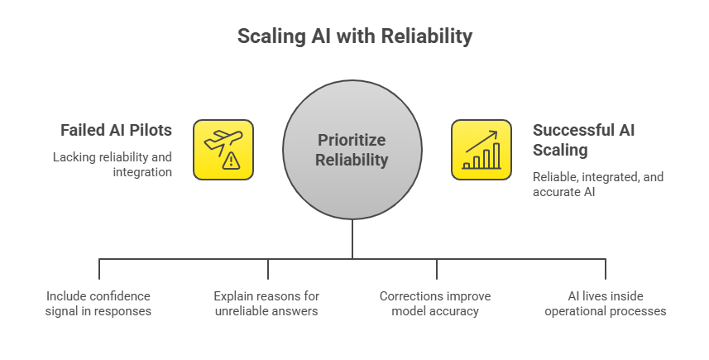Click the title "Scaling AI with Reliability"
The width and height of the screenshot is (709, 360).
point(354,36)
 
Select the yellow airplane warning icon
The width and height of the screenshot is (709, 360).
point(223,150)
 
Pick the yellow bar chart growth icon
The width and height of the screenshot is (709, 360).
point(481,150)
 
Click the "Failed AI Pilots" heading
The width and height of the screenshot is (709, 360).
point(116,131)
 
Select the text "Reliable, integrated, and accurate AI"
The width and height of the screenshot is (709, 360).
point(597,185)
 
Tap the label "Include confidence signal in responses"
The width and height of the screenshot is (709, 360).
point(98,303)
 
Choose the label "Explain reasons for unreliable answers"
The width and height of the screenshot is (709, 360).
point(266,303)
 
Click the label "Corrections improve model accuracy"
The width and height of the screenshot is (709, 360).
point(435,303)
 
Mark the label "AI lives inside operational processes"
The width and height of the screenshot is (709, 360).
point(606,303)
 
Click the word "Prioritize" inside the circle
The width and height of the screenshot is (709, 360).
point(352,140)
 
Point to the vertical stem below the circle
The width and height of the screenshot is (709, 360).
point(352,240)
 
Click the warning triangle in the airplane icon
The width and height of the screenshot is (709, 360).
point(232,161)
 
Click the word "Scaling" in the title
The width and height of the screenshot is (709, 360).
point(268,36)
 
